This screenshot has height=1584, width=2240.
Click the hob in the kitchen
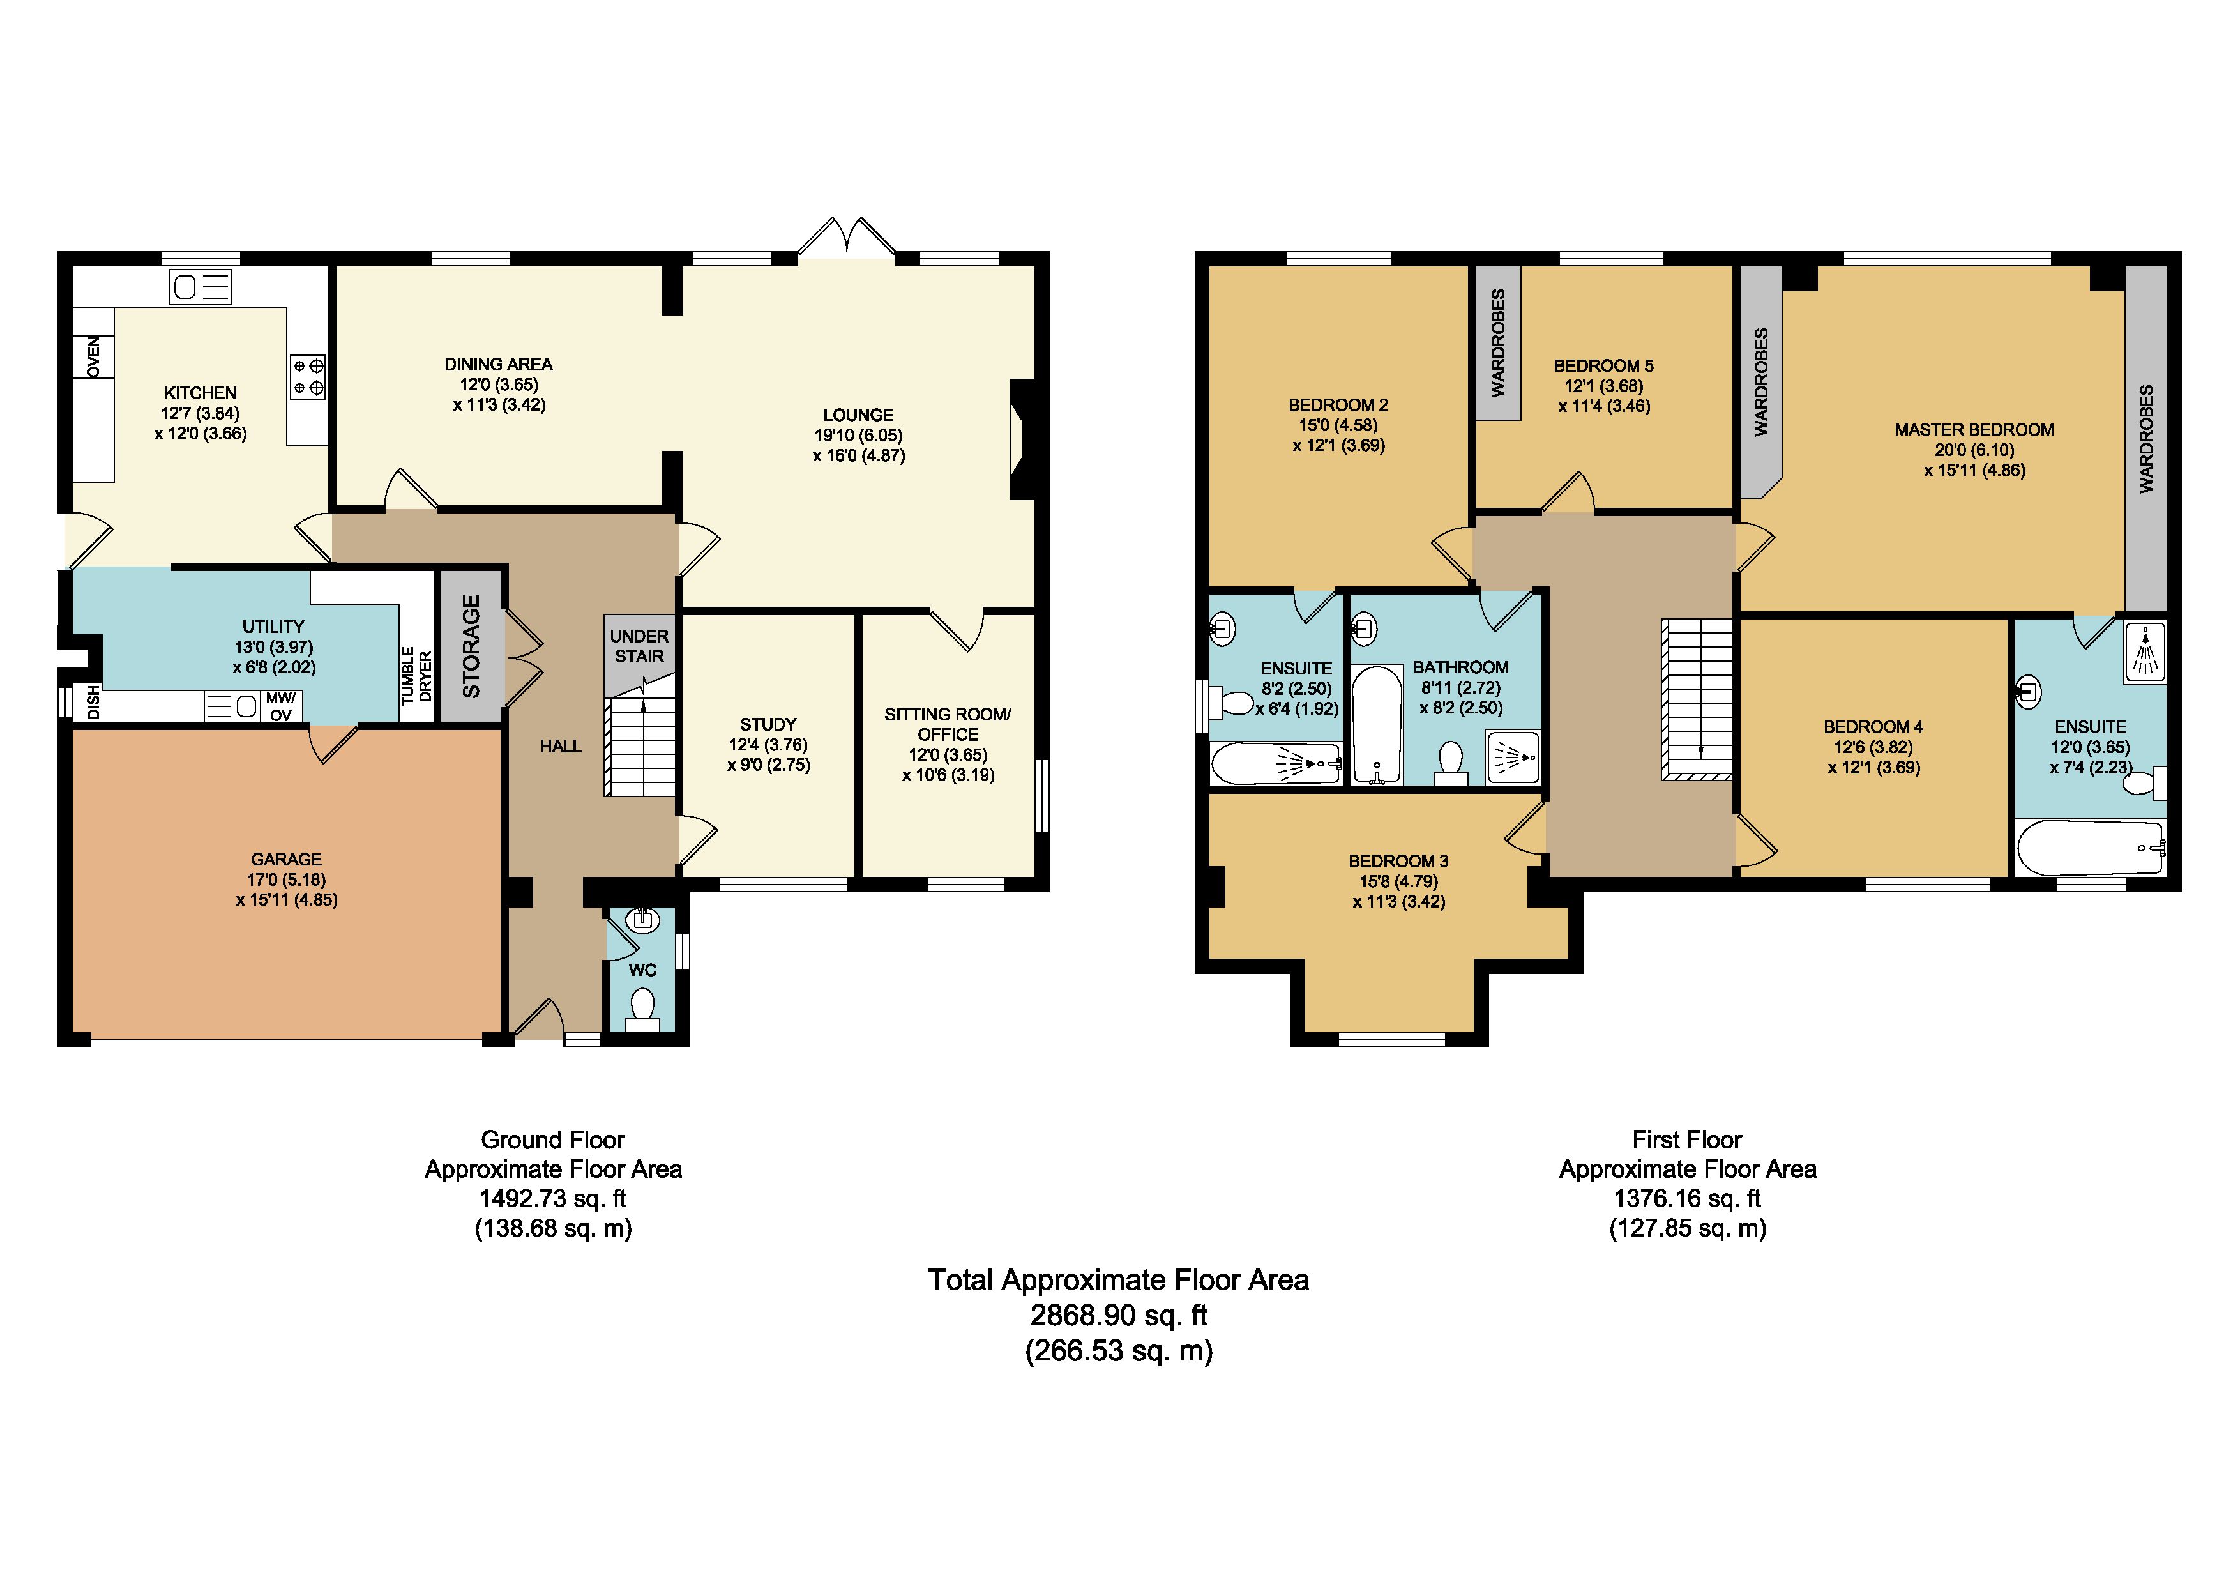(308, 377)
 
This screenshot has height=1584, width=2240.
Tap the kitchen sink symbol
(201, 287)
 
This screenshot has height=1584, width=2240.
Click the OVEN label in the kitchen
(94, 356)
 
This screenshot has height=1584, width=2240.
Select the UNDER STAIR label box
(639, 647)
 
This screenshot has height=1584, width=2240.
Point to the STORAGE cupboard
(471, 646)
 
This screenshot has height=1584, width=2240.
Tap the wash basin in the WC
(642, 919)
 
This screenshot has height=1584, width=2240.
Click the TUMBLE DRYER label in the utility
(416, 675)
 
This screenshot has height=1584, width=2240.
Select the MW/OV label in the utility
(281, 706)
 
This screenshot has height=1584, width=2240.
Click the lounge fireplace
(1022, 439)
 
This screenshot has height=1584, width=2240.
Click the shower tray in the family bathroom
(1513, 758)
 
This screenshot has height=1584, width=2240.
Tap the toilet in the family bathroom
(1451, 764)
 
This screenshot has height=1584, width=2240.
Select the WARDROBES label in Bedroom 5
(1499, 342)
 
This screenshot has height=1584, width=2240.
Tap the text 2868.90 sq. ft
(1119, 1316)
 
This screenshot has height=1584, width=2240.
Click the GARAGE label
(286, 860)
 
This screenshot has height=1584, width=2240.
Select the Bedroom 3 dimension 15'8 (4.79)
(1399, 881)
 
